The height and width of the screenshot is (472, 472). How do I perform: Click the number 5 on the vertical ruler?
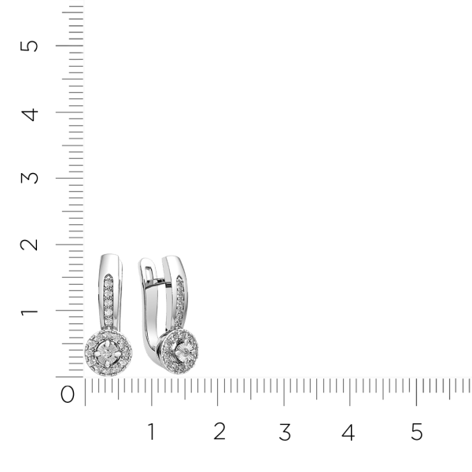pyautogui.click(x=29, y=46)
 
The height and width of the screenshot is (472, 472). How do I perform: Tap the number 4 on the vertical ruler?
pyautogui.click(x=30, y=115)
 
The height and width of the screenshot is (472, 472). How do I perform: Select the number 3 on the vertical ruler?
pyautogui.click(x=30, y=178)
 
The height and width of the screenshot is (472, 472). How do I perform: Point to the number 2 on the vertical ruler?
pyautogui.click(x=29, y=245)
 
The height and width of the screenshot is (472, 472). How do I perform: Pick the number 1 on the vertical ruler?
pyautogui.click(x=29, y=311)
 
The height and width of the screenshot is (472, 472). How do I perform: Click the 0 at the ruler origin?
pyautogui.click(x=67, y=394)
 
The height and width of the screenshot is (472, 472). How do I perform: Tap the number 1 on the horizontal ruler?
pyautogui.click(x=152, y=431)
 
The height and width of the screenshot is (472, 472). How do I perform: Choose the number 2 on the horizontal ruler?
pyautogui.click(x=219, y=431)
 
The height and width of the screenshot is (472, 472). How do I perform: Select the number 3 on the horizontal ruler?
pyautogui.click(x=285, y=432)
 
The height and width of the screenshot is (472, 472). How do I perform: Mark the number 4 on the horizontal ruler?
pyautogui.click(x=348, y=432)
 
